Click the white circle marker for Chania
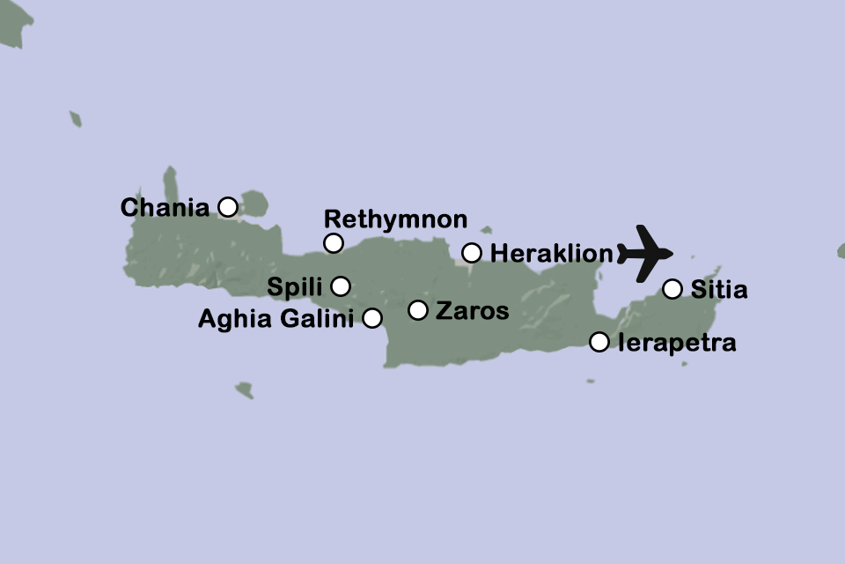[x=227, y=207]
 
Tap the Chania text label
[x=165, y=208]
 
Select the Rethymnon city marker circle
[x=333, y=243]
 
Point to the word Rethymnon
[x=395, y=219]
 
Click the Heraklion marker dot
[x=472, y=253]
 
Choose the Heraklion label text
[x=551, y=254]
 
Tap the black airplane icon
[x=645, y=253]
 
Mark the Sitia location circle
[x=672, y=288]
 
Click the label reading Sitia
[x=719, y=289]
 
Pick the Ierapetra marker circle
[x=599, y=342]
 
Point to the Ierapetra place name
[x=677, y=343]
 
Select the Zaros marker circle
[x=418, y=310]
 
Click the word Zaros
[x=473, y=311]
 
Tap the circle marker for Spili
[x=341, y=286]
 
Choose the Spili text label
[x=296, y=287]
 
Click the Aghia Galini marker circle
[x=372, y=317]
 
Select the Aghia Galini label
[x=277, y=318]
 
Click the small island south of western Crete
[x=245, y=390]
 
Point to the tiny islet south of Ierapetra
[x=590, y=382]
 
